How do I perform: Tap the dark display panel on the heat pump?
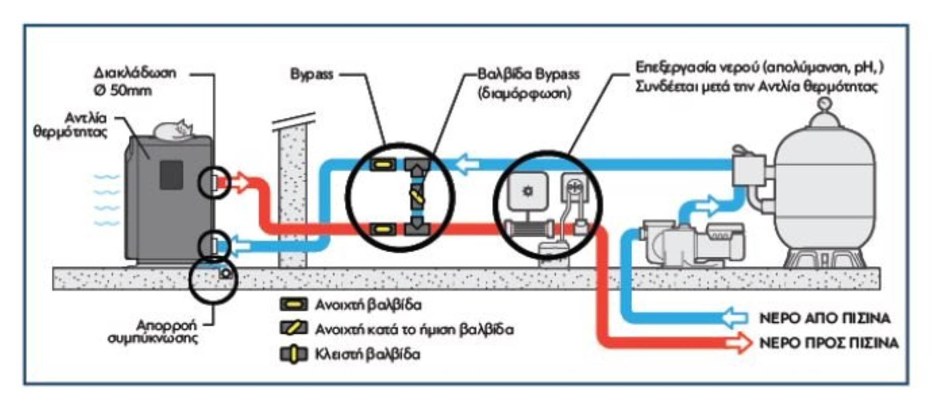(171, 175)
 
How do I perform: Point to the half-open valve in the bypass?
(417, 196)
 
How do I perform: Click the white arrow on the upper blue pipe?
(467, 164)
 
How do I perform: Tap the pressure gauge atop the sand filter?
(825, 104)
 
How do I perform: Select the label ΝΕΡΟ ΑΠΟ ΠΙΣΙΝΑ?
(824, 318)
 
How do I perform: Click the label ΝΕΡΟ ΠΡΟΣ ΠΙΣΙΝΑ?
(829, 343)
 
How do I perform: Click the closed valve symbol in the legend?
(294, 354)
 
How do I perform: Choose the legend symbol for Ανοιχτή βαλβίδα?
(294, 304)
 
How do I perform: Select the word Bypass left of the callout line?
(312, 74)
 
